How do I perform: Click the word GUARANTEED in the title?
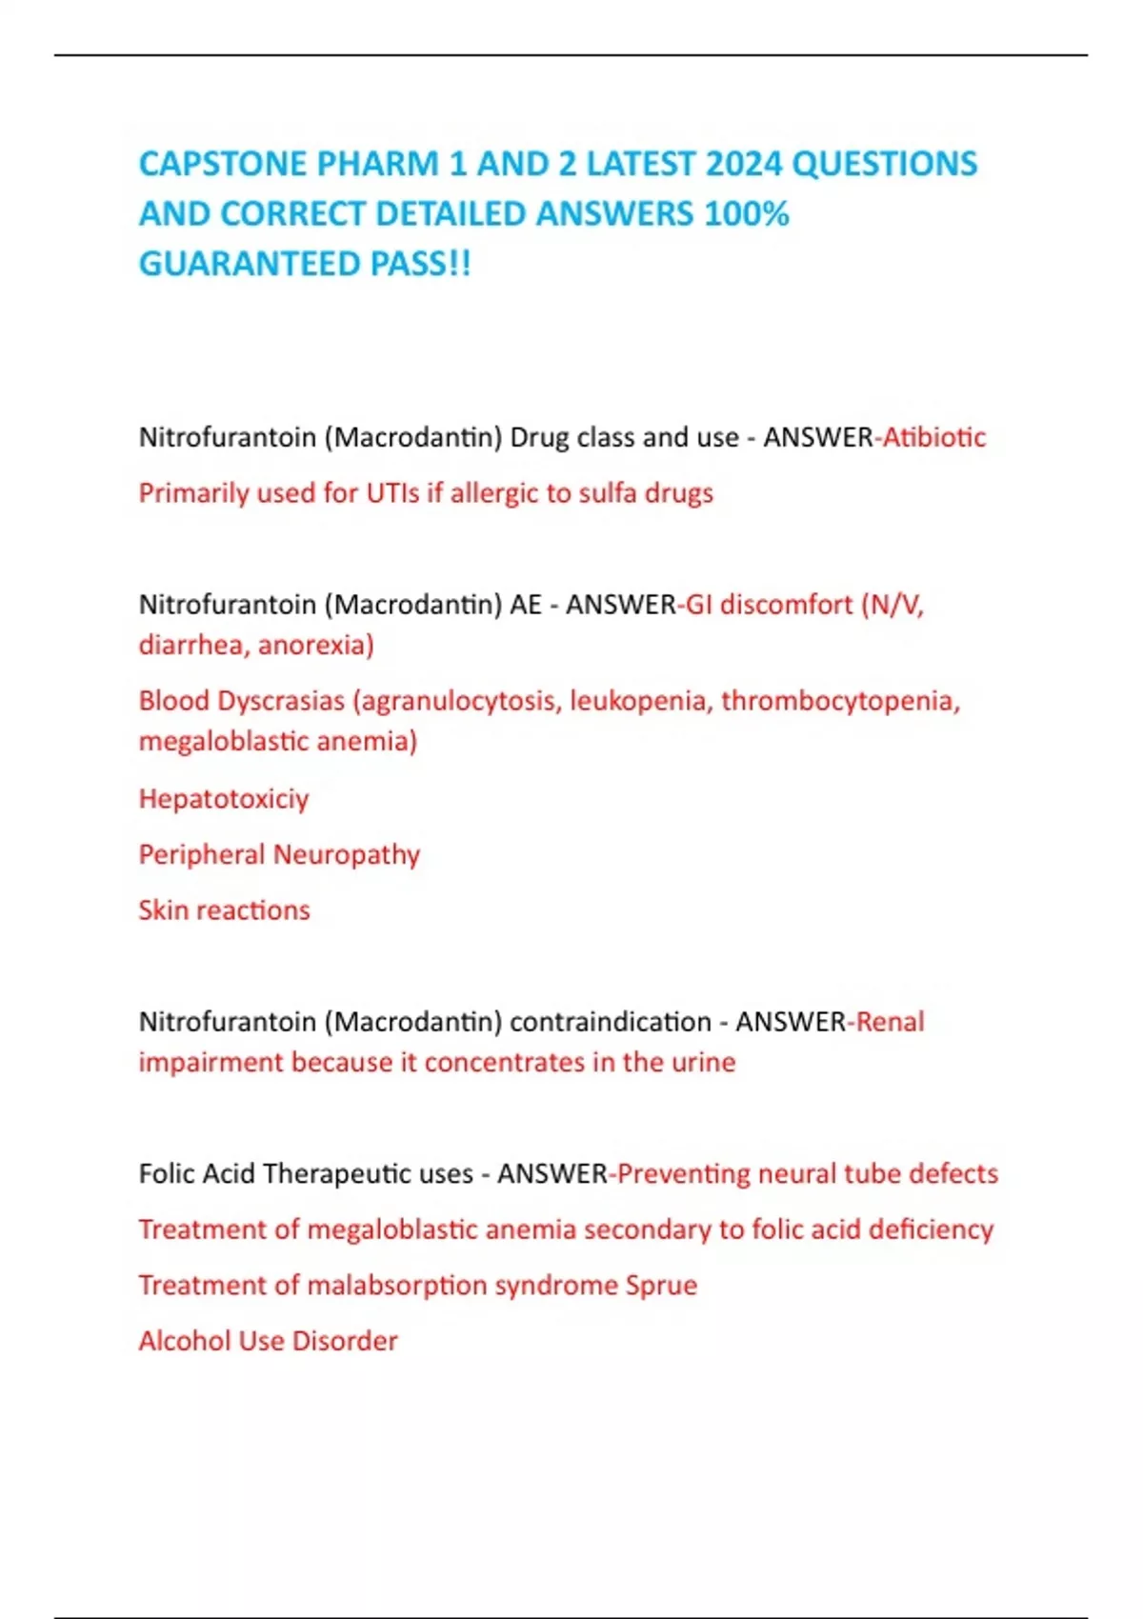pos(250,264)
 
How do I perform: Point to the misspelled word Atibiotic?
pos(934,437)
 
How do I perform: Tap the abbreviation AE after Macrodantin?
pos(525,605)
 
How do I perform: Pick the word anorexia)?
pos(316,645)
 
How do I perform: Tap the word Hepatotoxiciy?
pos(224,798)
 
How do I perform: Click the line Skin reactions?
pos(225,910)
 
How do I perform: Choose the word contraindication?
pos(611,1022)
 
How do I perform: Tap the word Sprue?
pos(661,1286)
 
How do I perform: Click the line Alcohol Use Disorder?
pos(269,1341)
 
